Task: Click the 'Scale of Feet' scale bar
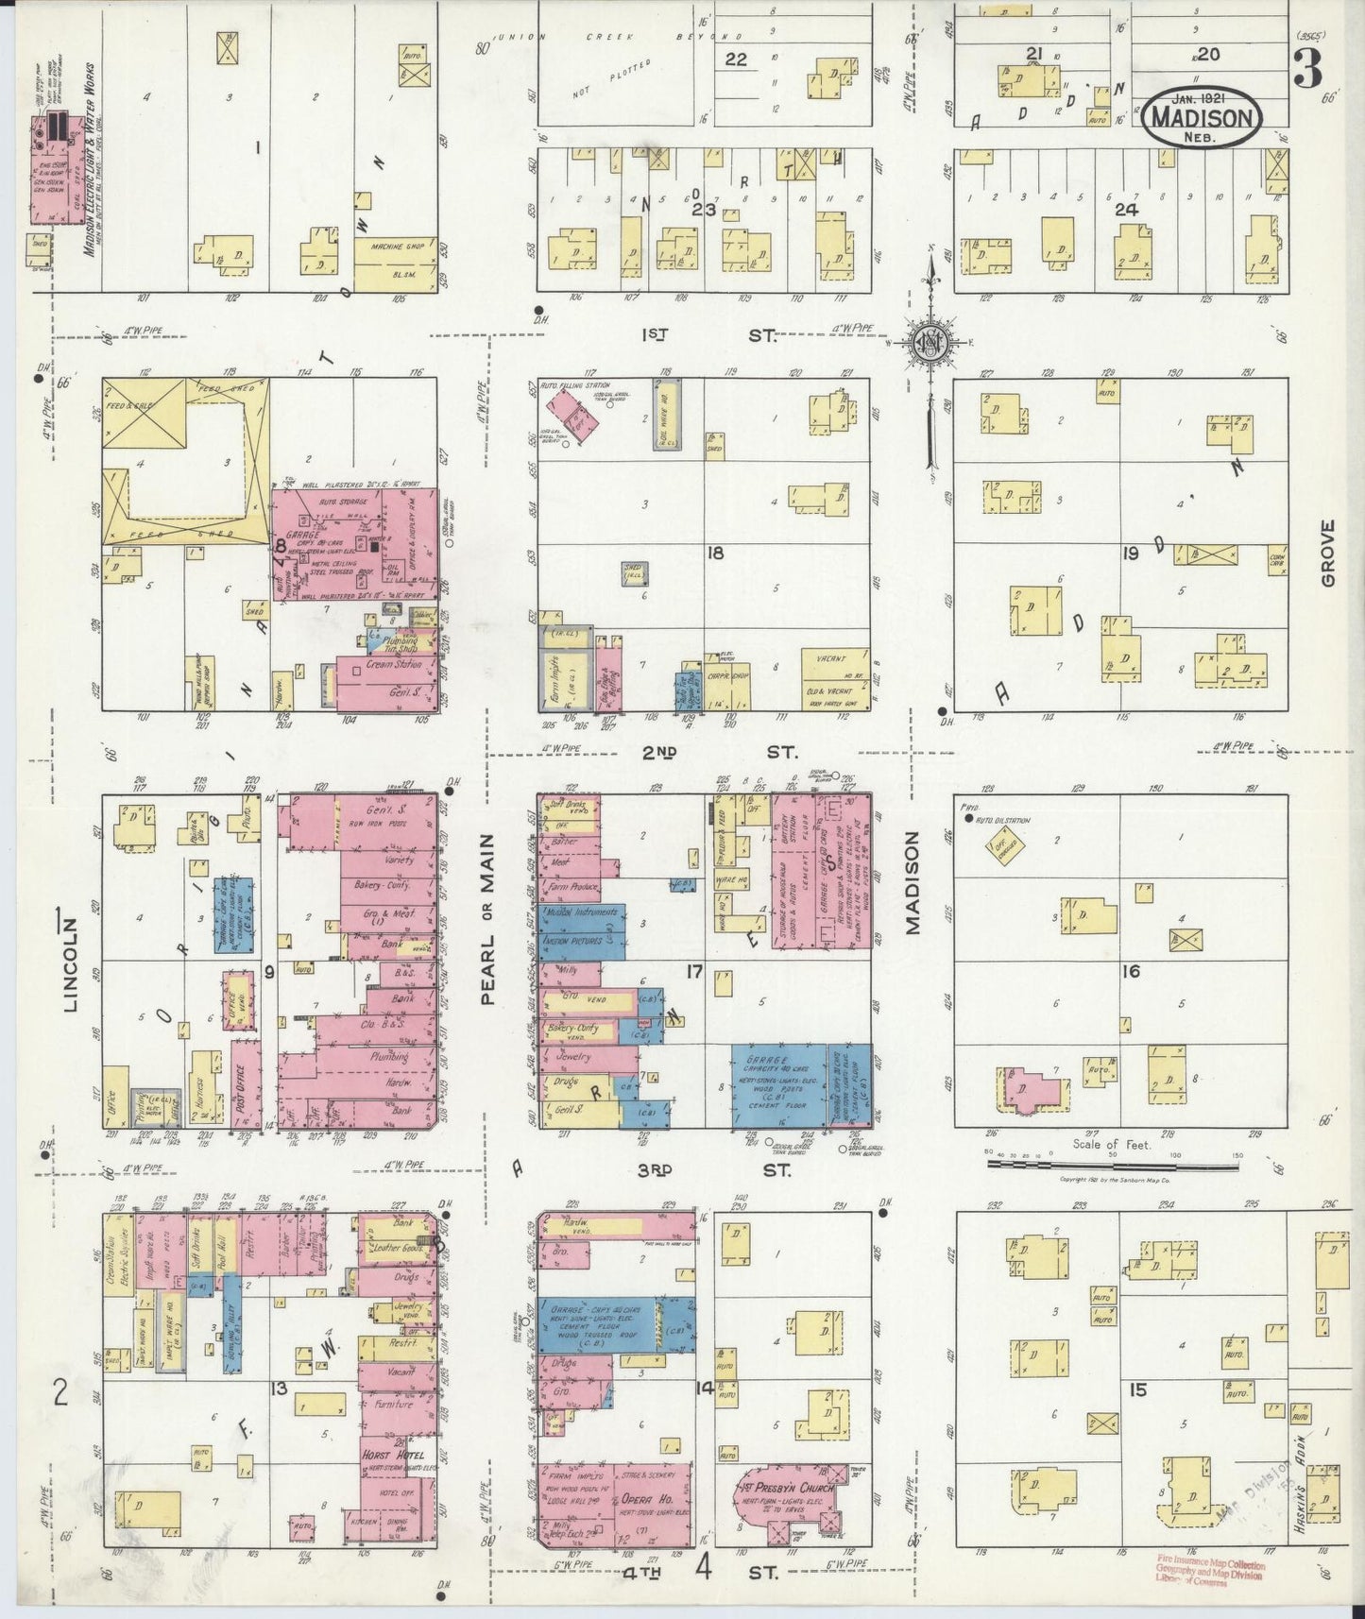(1111, 1165)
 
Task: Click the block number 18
(715, 553)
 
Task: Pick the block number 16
(1131, 971)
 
